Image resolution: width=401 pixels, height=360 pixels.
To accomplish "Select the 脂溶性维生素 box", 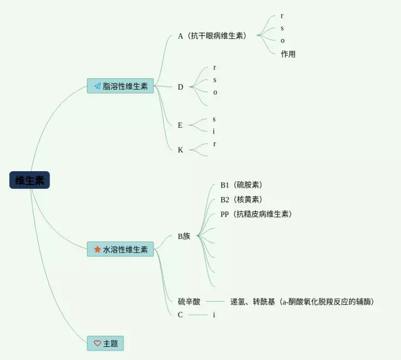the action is tap(120, 86).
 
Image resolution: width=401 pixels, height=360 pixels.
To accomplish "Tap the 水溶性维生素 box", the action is tap(120, 249).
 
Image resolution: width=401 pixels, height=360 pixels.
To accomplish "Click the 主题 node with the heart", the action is tap(105, 343).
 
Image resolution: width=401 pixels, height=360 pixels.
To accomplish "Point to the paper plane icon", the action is tap(97, 86).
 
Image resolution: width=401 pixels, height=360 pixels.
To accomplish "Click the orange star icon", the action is tap(97, 249).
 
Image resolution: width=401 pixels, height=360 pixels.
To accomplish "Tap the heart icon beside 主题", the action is tap(97, 343).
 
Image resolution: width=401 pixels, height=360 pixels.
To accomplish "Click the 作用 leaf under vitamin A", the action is tap(288, 54).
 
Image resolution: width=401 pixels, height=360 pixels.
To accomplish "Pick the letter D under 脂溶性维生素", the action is tap(180, 87).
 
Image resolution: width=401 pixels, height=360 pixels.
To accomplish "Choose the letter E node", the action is tap(180, 125).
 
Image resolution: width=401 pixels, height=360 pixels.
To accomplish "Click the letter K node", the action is tap(180, 150).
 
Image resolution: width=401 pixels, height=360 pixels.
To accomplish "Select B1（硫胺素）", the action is tap(241, 185).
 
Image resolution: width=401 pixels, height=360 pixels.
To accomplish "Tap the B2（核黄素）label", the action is tap(241, 199).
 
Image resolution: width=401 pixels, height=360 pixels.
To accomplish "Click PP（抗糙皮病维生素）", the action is tap(256, 214).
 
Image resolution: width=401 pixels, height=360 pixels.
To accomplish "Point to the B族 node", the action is tap(184, 236).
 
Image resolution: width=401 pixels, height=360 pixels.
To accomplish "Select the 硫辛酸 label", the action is tap(189, 302).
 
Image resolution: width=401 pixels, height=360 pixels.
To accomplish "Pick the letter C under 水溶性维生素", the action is tap(180, 315).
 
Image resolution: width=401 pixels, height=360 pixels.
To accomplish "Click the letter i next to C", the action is tap(214, 315).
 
